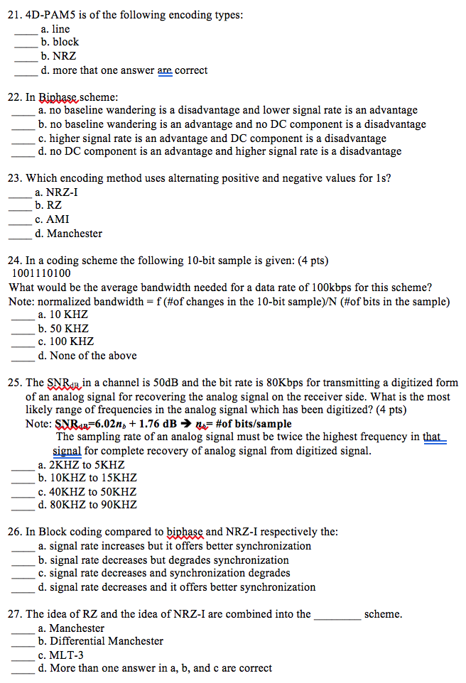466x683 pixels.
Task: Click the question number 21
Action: point(16,15)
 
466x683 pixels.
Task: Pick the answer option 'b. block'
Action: point(60,43)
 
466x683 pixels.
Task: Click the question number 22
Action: point(16,97)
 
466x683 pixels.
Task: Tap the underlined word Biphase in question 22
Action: point(58,97)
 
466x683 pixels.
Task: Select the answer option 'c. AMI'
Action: point(53,220)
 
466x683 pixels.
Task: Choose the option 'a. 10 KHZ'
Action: point(63,315)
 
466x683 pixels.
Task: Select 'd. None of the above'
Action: point(87,356)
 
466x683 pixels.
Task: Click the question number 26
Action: point(16,532)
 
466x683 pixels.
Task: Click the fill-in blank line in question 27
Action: point(337,615)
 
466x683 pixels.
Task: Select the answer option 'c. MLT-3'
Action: point(62,655)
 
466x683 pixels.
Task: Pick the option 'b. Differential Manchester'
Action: point(100,642)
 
